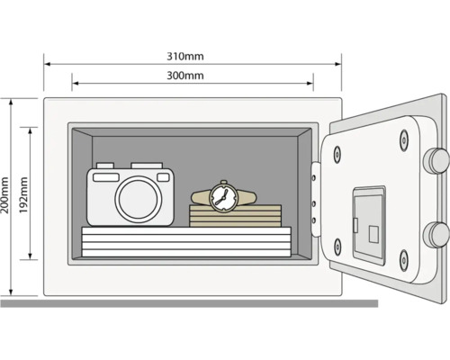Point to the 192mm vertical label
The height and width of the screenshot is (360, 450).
[24, 193]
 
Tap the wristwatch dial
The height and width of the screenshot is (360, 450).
[222, 195]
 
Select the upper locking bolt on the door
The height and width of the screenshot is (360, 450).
[438, 159]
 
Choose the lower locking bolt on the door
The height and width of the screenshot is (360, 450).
[438, 234]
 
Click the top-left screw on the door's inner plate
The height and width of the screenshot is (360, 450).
[338, 153]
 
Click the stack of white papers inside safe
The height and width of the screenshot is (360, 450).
[186, 240]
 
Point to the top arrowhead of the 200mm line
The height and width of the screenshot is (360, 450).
[10, 102]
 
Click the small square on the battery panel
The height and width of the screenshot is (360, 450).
[373, 229]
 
